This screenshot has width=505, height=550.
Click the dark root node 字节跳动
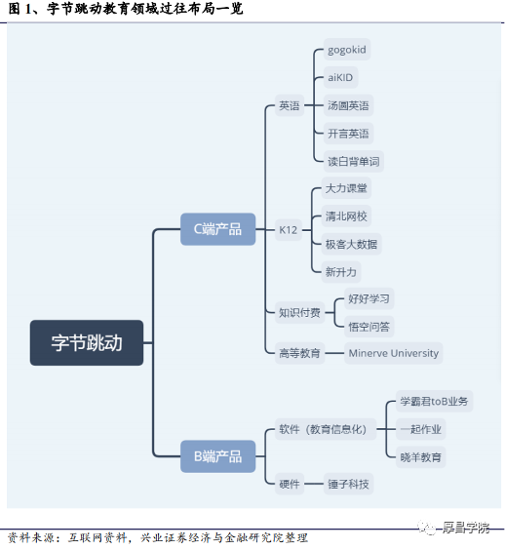coord(87,342)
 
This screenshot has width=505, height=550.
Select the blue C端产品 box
coord(217,229)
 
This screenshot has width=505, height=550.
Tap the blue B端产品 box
coord(217,456)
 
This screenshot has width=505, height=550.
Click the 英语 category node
coord(290,105)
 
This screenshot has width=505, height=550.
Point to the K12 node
coord(289,230)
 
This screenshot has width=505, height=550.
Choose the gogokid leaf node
coord(347,50)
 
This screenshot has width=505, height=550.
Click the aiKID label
coord(340,77)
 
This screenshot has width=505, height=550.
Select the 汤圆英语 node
coord(348,105)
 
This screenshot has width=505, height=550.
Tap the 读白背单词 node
coord(354,161)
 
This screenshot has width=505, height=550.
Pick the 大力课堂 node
coord(346,188)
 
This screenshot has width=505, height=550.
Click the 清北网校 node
coord(346,216)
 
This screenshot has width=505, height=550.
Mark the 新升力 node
coord(341,272)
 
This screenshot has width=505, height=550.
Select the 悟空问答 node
coord(369,327)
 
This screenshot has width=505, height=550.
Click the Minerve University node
coord(394,353)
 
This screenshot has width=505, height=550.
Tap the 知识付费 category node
coord(299,312)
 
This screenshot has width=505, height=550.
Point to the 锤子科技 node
coord(348,484)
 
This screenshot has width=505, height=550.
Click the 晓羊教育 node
coord(421,457)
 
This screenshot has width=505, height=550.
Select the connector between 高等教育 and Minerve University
coord(334,353)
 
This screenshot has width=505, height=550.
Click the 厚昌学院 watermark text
coord(465,528)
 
